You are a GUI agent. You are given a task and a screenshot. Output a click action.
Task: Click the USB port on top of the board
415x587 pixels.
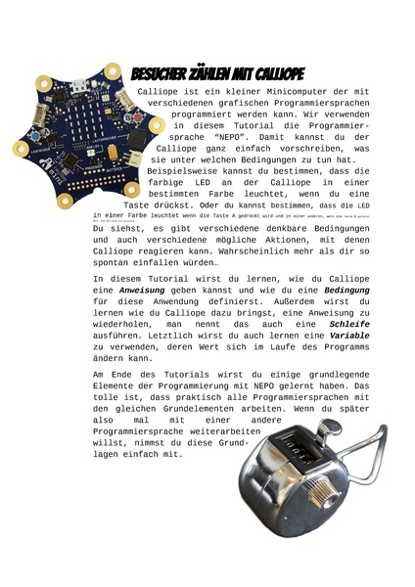point(88,96)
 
